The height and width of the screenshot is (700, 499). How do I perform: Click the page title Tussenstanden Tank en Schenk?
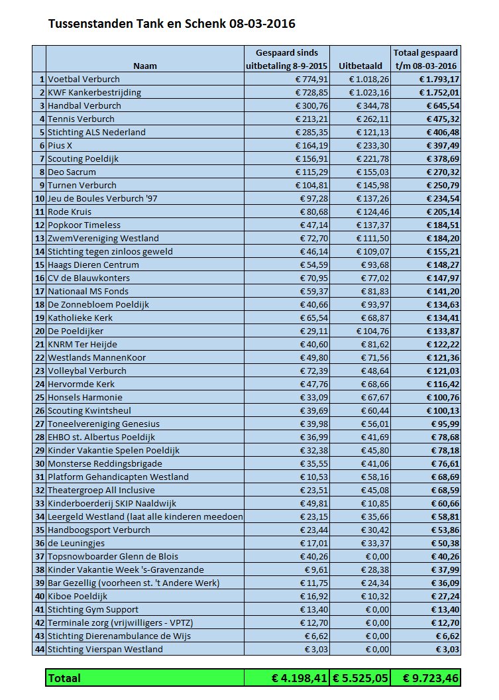coord(172,25)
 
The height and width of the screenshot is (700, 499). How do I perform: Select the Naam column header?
coord(145,66)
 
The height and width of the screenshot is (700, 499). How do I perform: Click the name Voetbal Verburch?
coord(85,79)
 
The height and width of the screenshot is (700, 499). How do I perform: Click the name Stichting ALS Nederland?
coord(97,132)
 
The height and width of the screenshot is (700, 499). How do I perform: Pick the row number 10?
coord(39,198)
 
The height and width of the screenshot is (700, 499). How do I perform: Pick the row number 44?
coord(39,649)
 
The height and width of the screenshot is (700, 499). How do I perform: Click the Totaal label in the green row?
coord(64,678)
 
